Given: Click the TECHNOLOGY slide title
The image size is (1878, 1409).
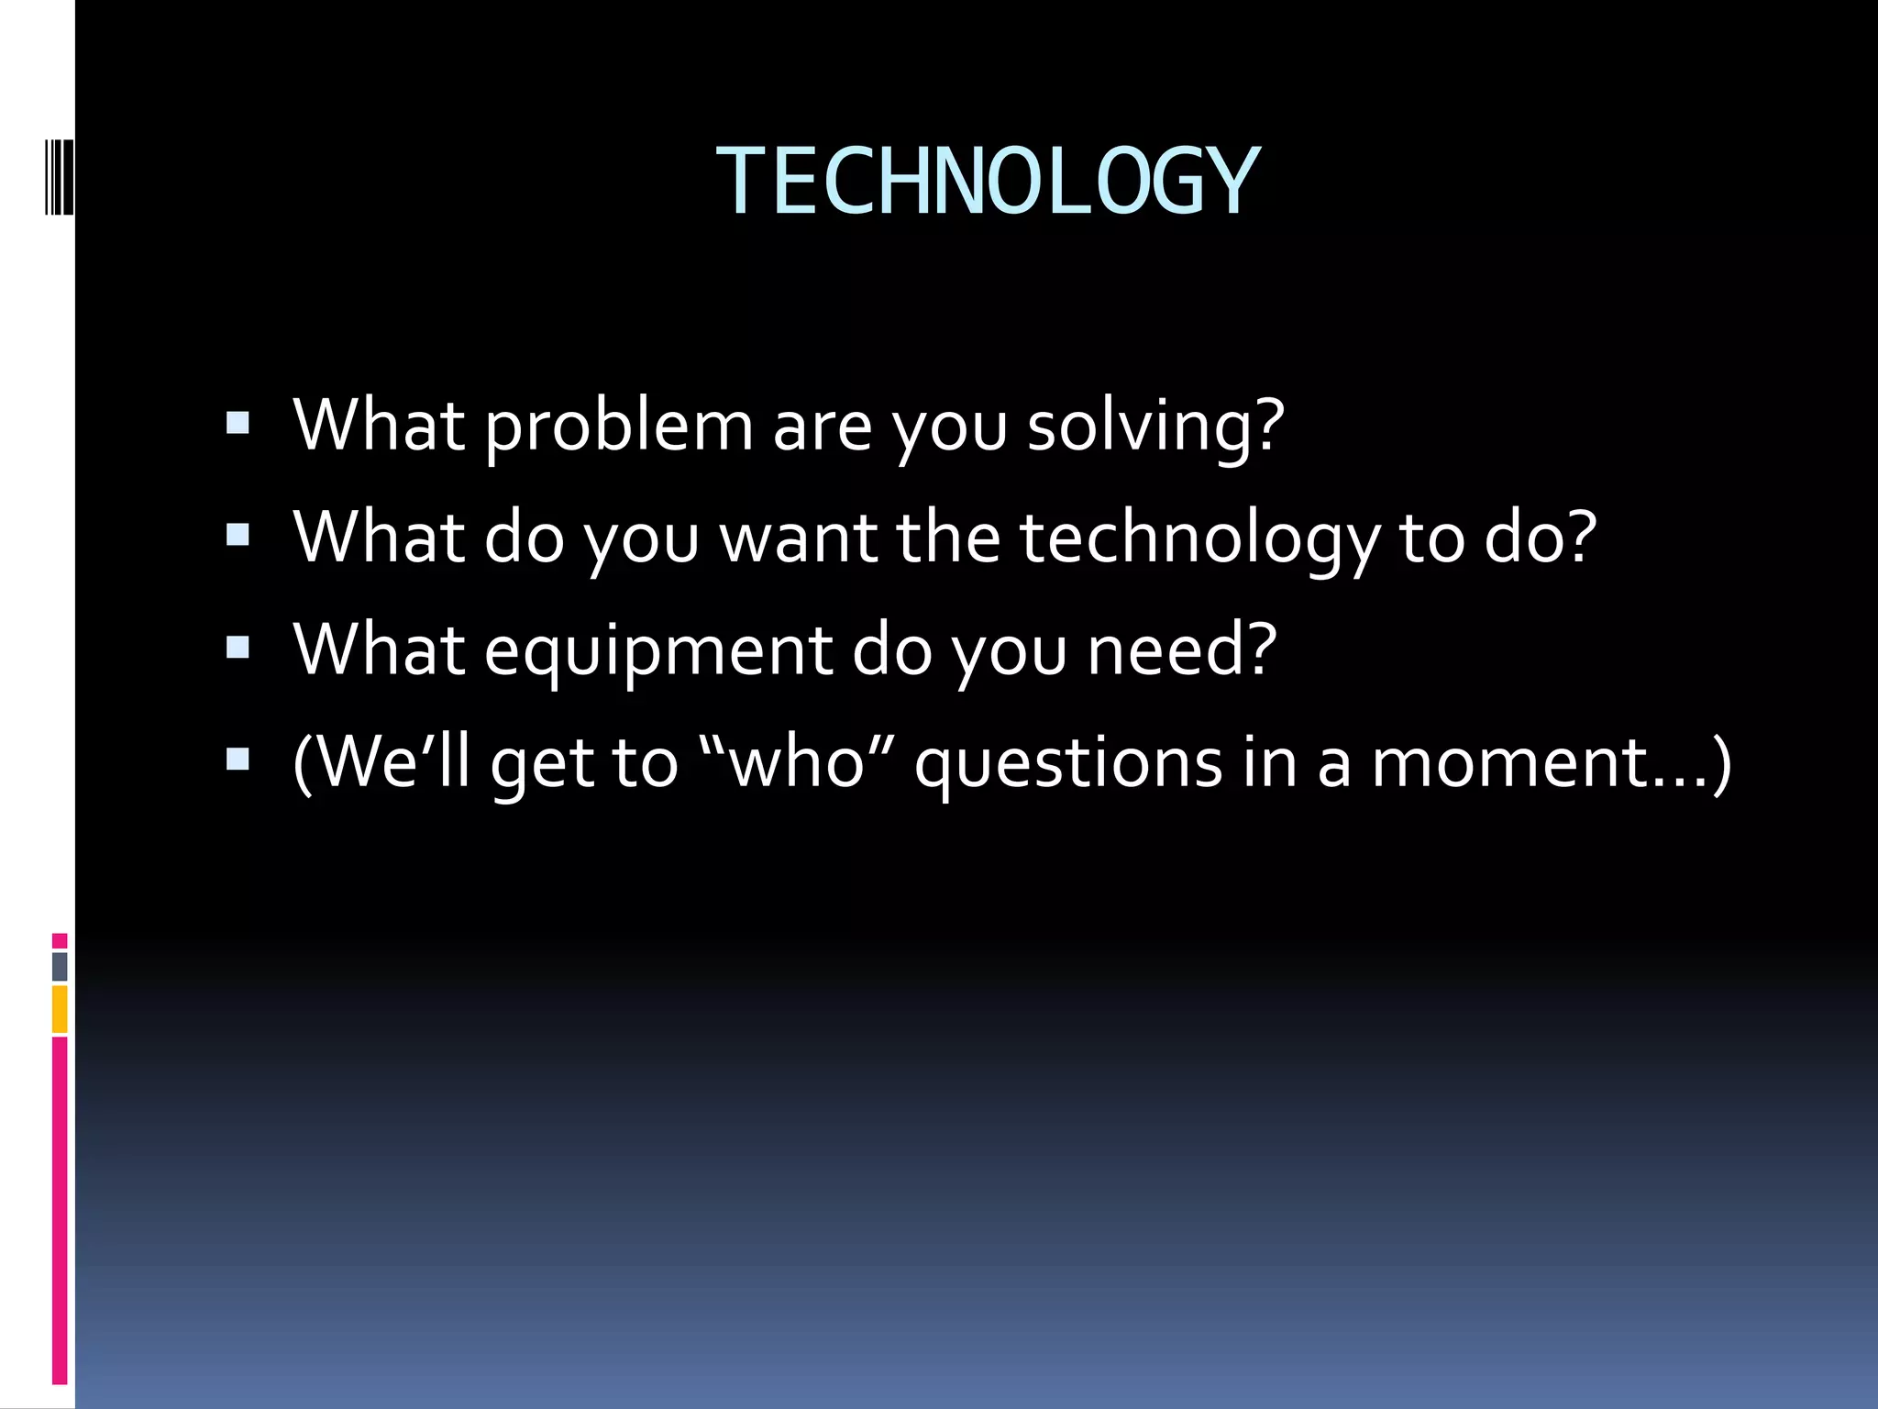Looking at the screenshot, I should (988, 182).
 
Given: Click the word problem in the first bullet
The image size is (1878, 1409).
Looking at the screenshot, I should (618, 427).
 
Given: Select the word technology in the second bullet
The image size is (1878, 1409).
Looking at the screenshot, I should (1199, 539).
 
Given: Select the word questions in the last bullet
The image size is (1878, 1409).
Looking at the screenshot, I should (1068, 763).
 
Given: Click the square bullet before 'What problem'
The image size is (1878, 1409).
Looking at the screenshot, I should (238, 423).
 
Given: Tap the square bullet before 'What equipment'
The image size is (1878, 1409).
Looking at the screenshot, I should (238, 648).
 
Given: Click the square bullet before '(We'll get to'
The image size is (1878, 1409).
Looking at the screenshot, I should (238, 760).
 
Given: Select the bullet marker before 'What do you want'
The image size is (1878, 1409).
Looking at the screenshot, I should (238, 535).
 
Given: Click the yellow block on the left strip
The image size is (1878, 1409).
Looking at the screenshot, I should (60, 1008).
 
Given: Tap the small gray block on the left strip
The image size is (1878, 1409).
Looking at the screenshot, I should (60, 966).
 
